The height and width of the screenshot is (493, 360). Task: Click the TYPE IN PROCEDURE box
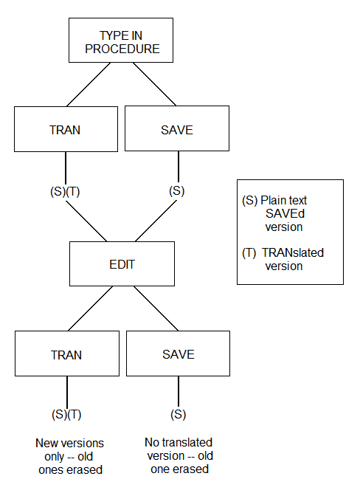121,41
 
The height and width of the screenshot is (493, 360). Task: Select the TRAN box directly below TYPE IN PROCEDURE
66,129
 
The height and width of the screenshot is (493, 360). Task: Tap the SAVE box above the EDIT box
177,128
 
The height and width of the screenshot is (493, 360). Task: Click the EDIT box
122,263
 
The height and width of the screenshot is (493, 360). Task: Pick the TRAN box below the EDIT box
67,354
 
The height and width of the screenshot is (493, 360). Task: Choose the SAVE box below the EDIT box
179,354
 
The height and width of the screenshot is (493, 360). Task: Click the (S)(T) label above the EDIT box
65,191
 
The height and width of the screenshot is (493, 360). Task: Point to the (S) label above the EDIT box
177,191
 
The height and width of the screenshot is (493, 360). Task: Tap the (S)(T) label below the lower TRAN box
66,414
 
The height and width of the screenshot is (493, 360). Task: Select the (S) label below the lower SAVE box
179,414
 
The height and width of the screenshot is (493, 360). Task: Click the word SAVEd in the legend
285,214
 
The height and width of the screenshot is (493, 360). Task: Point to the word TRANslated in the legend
293,253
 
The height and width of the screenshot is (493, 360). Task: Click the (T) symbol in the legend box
249,253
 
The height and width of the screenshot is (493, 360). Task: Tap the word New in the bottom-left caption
47,443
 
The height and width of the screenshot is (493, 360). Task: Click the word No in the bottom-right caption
151,442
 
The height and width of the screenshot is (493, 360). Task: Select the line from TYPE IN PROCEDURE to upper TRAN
89,84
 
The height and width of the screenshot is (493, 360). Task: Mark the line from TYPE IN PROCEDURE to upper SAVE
154,84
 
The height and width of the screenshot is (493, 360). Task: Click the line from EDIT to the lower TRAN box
90,308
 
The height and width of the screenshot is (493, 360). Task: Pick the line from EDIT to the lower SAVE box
156,308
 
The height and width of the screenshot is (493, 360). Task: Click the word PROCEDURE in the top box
122,49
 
